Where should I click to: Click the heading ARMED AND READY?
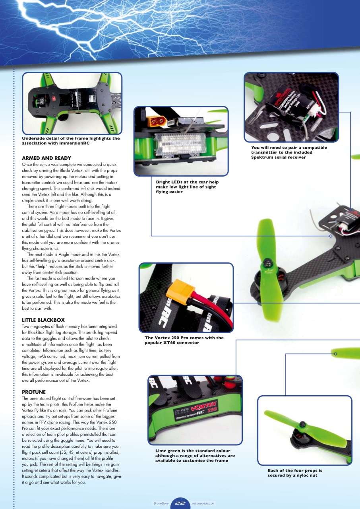46,158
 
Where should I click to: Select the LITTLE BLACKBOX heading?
43,320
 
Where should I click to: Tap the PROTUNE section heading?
34,392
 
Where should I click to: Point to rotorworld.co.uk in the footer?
203,503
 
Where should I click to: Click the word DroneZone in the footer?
161,503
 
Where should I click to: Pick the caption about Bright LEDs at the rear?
187,187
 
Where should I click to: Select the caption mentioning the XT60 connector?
184,340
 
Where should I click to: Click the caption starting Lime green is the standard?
195,456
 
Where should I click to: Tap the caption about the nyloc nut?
294,473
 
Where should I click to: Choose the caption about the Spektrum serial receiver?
289,152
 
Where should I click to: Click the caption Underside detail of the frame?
71,141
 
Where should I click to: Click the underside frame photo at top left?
72,103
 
